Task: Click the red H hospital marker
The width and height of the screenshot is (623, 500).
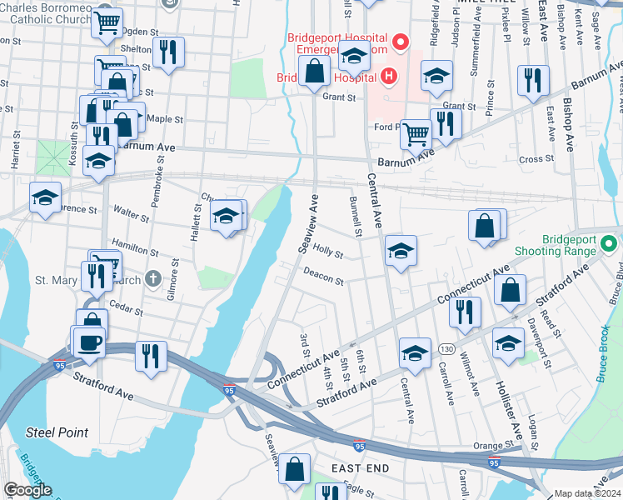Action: [388, 77]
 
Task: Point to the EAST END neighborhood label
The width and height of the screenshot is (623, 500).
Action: [360, 468]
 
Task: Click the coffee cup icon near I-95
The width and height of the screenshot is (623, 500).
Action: [90, 342]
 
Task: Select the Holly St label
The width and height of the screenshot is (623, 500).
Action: [327, 252]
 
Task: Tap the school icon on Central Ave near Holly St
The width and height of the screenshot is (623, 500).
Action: [401, 250]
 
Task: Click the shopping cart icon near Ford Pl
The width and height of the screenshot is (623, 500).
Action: [416, 132]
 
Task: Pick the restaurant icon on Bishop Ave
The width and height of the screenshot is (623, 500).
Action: [532, 81]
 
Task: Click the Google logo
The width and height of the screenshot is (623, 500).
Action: [27, 491]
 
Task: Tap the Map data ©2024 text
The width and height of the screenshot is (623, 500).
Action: [587, 493]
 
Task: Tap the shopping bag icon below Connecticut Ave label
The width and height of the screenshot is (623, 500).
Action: [510, 290]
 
